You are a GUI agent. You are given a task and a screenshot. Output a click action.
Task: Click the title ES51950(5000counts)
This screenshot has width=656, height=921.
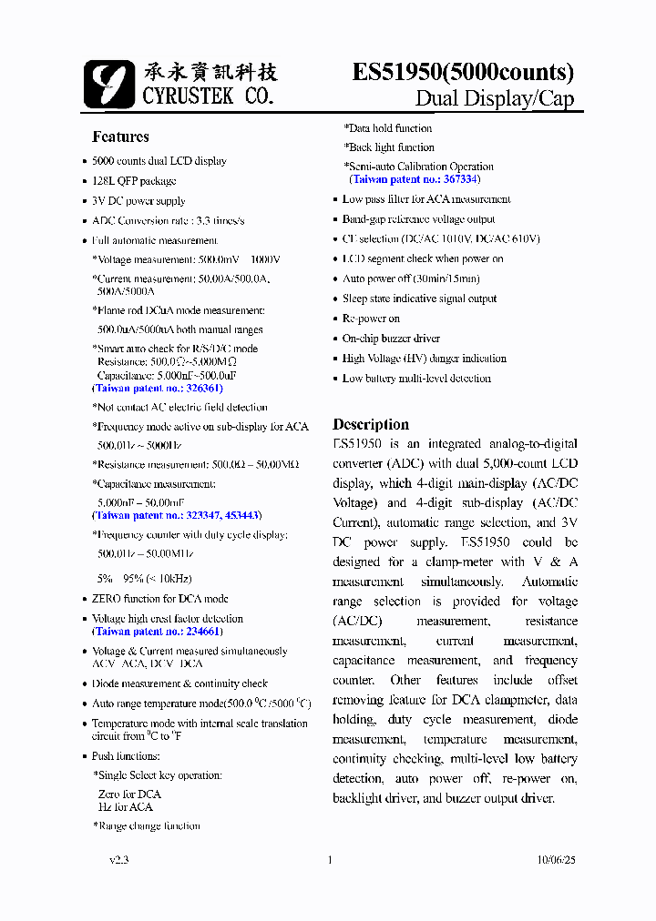point(463,72)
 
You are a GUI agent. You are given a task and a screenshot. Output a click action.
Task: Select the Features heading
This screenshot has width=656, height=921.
point(120,137)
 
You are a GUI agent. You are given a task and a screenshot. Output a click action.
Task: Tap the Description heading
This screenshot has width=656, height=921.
point(371,424)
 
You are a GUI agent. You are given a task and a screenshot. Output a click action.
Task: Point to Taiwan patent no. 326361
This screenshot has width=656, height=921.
point(158,388)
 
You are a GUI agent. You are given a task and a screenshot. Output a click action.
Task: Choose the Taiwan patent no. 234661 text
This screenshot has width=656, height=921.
point(158,631)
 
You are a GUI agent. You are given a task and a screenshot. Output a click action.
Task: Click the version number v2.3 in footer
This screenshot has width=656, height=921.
point(119,859)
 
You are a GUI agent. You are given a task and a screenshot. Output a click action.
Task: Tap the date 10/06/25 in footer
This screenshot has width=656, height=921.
point(556,859)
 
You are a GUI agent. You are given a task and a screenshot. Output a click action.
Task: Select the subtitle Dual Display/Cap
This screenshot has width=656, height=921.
point(495,99)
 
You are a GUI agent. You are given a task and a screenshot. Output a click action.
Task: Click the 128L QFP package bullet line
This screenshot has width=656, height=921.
point(134,180)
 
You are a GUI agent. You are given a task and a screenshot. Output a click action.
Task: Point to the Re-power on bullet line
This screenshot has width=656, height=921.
point(371,319)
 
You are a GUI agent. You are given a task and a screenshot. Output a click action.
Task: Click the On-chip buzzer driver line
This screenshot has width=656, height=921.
point(391,339)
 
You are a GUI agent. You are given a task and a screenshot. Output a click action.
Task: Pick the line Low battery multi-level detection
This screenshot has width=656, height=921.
point(416,379)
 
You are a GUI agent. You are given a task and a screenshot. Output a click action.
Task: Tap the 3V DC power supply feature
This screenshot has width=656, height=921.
point(138,200)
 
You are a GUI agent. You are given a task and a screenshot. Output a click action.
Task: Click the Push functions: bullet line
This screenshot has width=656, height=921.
point(126,756)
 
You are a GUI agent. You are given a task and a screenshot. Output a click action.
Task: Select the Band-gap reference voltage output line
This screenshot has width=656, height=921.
point(418,219)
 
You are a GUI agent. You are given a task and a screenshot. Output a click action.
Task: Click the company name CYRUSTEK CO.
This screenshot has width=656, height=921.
point(208,95)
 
